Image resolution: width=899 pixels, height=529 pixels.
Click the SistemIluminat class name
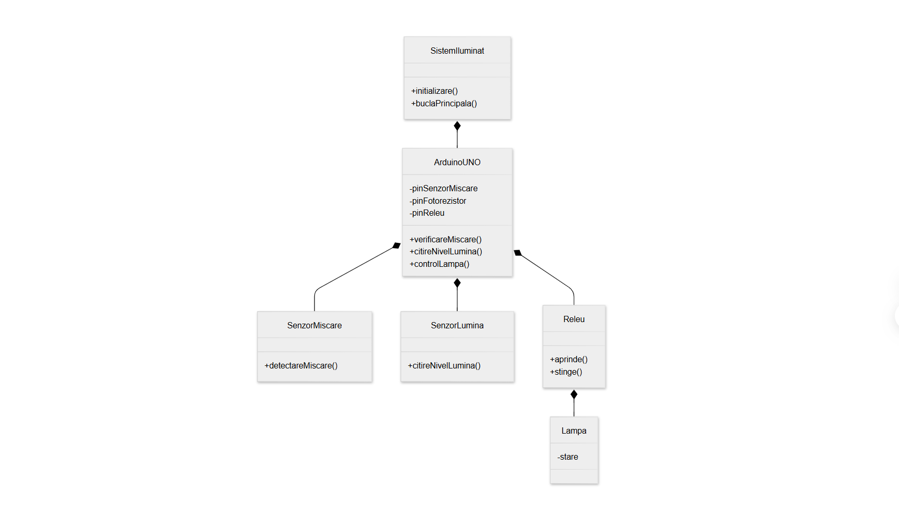click(457, 51)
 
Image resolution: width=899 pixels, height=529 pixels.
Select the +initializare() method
click(434, 91)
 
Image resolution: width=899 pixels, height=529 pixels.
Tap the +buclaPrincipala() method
click(444, 103)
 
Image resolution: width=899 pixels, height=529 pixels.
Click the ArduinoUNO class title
click(457, 162)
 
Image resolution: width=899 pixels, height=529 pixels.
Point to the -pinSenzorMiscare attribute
click(443, 188)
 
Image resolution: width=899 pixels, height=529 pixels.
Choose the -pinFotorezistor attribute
click(438, 201)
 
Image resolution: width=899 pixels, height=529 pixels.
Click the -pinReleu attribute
click(427, 213)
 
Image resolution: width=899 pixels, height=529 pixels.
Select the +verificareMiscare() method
click(445, 239)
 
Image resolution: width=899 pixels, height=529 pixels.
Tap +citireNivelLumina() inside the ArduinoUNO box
click(446, 251)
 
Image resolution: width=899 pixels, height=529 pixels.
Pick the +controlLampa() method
click(439, 264)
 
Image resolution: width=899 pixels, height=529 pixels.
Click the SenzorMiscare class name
click(314, 325)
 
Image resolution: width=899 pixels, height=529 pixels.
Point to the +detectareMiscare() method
click(301, 365)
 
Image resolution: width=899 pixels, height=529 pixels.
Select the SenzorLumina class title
click(457, 325)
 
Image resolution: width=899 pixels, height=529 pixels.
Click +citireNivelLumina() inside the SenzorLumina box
click(444, 365)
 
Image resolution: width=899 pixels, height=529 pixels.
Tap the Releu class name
click(574, 319)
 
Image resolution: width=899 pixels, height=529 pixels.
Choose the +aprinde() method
click(568, 359)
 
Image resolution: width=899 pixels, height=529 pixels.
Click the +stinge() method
click(566, 372)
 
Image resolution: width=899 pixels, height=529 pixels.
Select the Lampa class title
click(574, 430)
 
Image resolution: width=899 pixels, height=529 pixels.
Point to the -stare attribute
click(567, 457)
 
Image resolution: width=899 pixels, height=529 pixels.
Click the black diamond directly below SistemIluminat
click(457, 126)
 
